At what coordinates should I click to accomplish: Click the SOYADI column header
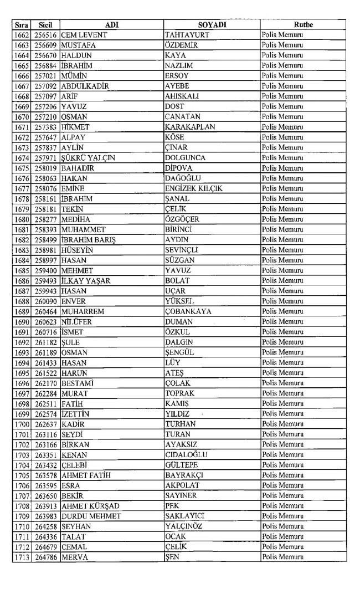pos(212,24)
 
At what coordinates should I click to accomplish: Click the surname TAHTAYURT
pos(186,35)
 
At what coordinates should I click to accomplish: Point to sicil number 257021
pos(46,76)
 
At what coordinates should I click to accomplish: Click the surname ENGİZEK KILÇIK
pos(194,189)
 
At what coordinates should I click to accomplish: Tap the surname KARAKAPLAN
pos(190,127)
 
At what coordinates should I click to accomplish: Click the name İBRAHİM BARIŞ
pos(89,240)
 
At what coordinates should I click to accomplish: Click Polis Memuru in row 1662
pos(282,35)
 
